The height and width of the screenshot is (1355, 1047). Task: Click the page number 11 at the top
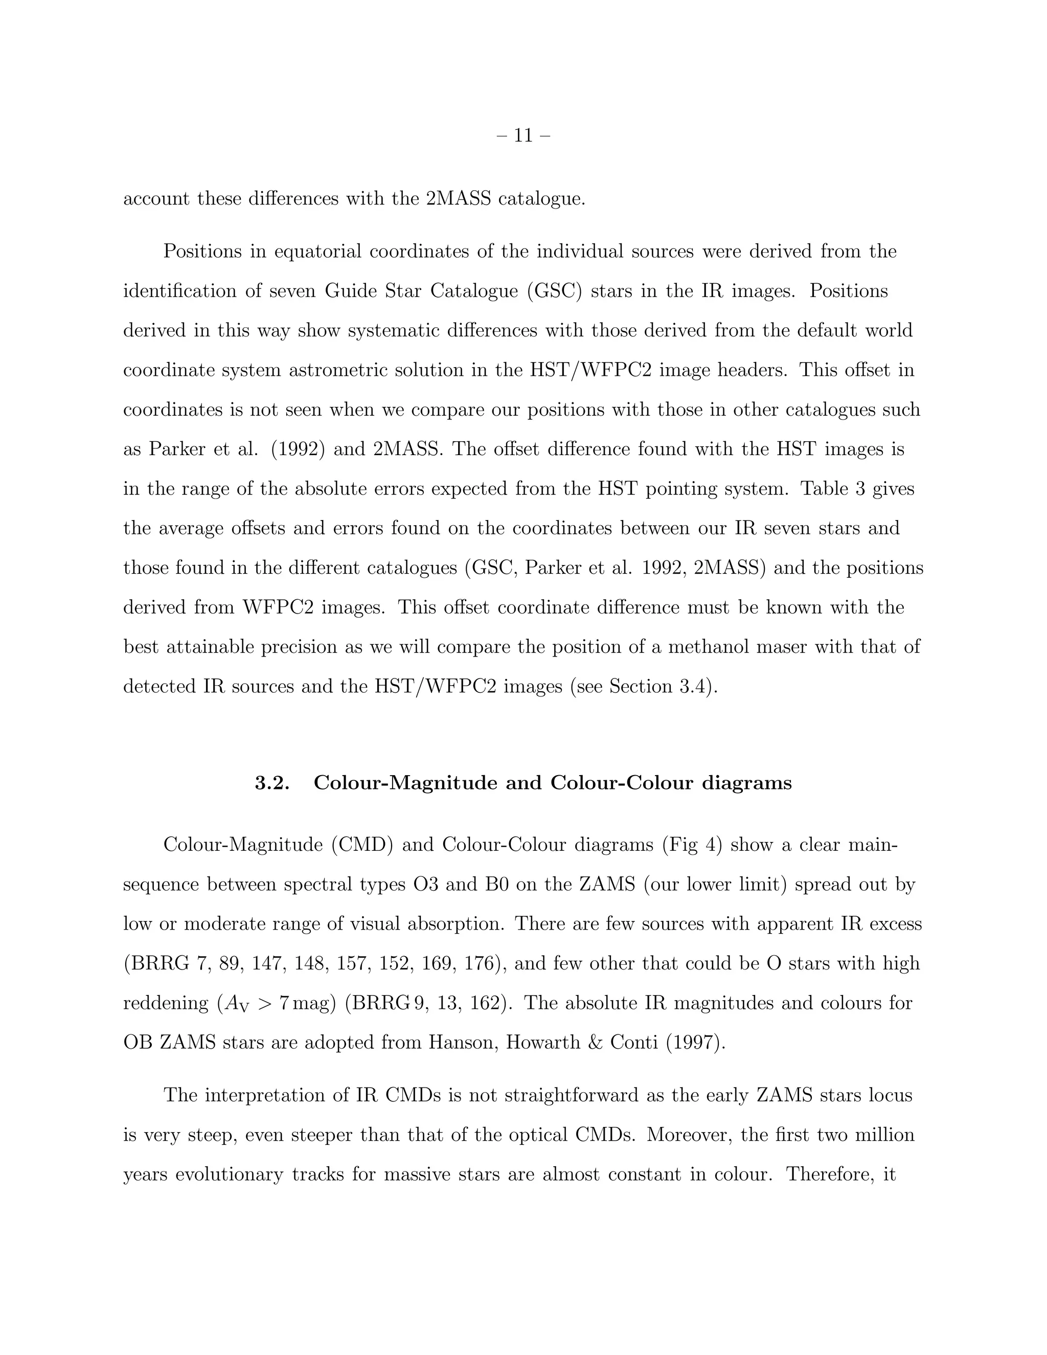coord(523,135)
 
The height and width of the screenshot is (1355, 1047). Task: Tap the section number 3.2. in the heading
coord(272,783)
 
